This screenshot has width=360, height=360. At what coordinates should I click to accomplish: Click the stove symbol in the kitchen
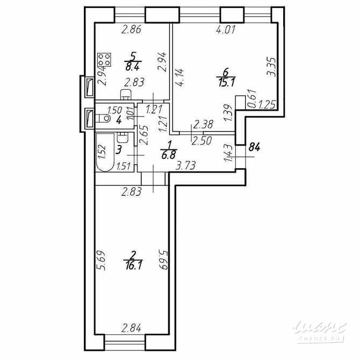coord(104,59)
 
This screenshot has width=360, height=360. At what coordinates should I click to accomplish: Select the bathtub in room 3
coord(104,153)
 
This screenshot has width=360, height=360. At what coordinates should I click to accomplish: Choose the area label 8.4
coord(132,67)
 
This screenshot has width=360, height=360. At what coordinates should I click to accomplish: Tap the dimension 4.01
coord(226,31)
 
